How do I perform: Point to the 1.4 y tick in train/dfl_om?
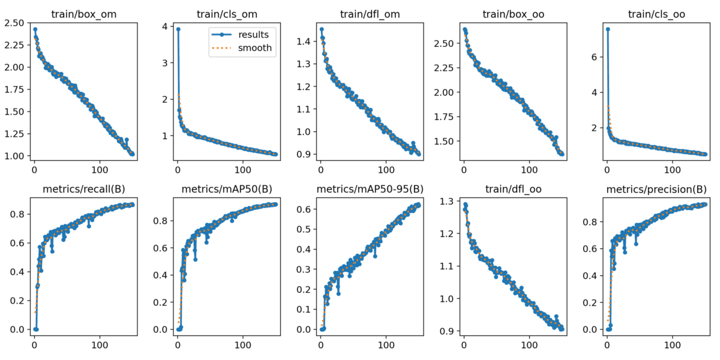[306, 41]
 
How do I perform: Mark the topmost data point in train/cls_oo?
[608, 29]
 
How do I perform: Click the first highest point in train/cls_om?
[178, 29]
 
